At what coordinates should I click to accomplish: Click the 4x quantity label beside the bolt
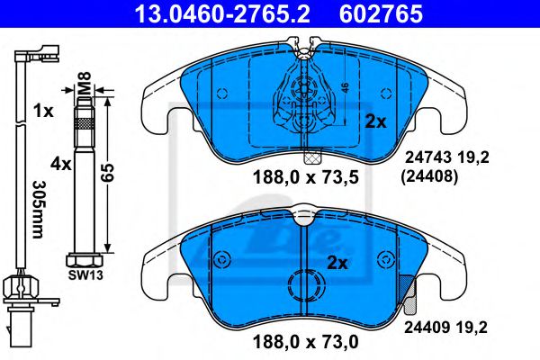pos(60,165)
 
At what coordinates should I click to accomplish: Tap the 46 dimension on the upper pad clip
pos(345,87)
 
